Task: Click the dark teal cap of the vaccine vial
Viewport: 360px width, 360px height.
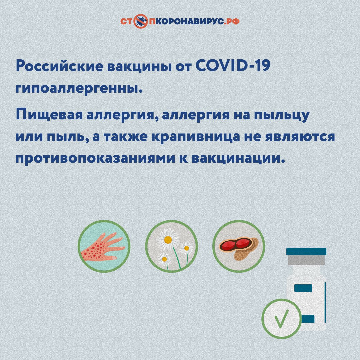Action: [306, 251]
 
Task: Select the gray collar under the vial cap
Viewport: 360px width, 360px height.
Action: [306, 260]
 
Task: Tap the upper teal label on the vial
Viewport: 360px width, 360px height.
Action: [303, 288]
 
